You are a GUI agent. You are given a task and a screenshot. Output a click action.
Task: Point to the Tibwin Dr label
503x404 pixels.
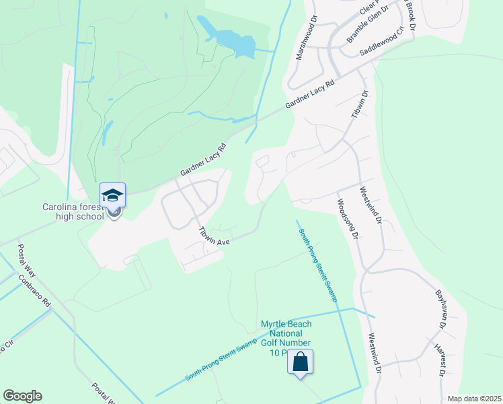360,106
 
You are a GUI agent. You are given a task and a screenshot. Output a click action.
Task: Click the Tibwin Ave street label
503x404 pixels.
215,236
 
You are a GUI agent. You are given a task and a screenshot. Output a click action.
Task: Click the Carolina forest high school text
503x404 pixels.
73,211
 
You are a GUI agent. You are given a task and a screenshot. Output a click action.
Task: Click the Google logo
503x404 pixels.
22,396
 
